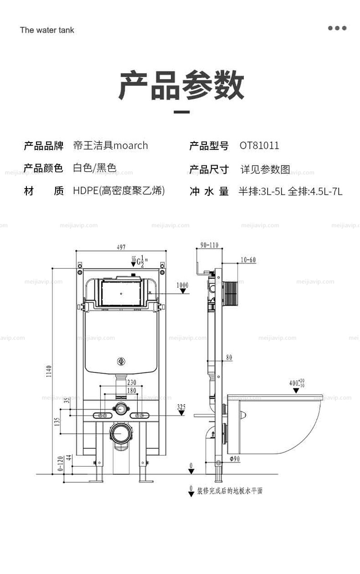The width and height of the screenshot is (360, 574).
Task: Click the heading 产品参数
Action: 181,87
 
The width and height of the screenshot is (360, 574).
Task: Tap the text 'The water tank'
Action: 47,30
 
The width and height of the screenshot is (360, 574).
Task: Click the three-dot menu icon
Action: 337,28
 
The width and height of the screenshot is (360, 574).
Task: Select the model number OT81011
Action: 259,145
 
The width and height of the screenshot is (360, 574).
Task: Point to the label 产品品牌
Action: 44,145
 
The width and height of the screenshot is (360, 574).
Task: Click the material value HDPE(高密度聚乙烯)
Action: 119,191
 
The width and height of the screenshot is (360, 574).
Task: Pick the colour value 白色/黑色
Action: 95,168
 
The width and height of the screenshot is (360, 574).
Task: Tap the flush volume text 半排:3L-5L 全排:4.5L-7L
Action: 290,191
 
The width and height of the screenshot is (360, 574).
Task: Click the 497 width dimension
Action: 120,247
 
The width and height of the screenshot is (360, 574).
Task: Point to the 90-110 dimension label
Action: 209,246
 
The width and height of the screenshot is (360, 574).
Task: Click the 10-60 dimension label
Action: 248,260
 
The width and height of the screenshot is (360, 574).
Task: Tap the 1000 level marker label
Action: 182,285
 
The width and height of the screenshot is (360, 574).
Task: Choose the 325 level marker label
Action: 181,407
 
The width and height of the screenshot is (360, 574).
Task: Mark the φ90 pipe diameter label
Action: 235,459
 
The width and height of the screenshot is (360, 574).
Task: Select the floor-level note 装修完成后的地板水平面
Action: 230,490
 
